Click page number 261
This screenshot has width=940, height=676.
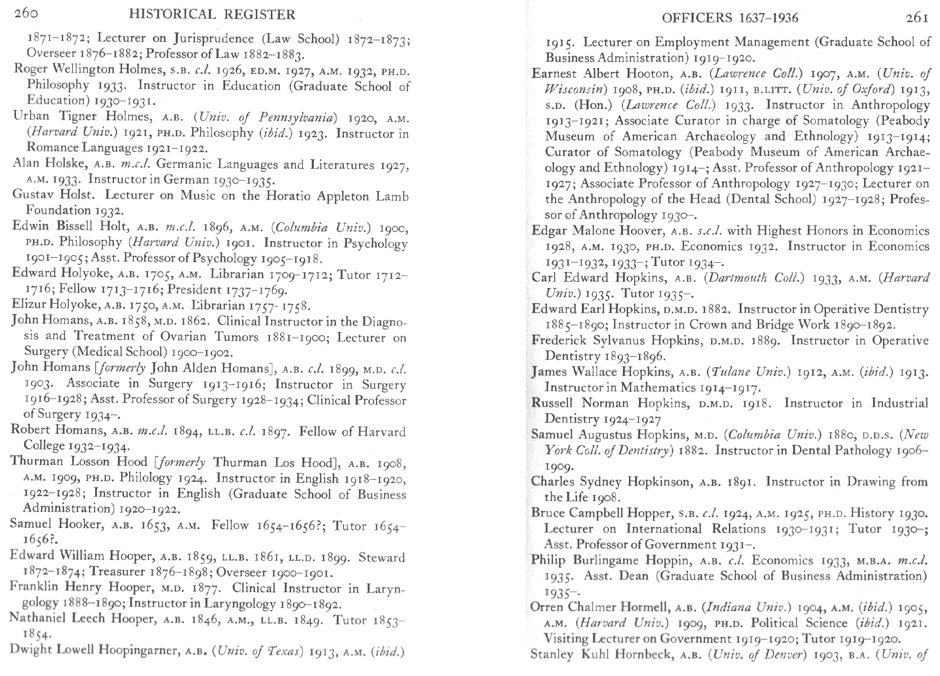[x=916, y=18]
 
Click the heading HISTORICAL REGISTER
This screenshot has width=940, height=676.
[x=212, y=15]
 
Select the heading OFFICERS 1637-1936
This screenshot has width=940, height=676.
[x=730, y=18]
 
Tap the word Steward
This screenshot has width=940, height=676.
[x=382, y=557]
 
